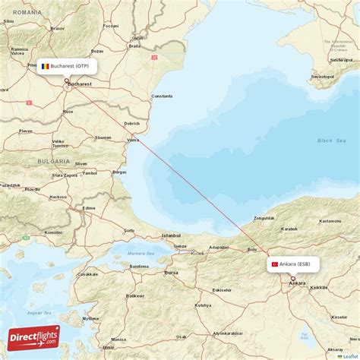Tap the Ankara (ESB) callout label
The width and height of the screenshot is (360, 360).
point(293,264)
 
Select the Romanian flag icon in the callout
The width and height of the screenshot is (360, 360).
point(46,66)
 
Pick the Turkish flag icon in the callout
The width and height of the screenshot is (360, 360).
point(274,264)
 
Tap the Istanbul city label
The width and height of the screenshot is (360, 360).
point(171,235)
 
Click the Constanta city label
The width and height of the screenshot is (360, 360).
point(162,96)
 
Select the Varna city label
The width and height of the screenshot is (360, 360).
point(134,140)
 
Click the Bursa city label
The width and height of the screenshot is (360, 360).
point(172,271)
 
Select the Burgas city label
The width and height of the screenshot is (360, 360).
point(119,172)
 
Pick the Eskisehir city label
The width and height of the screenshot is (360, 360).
point(223,289)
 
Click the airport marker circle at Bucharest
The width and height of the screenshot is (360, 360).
point(67,81)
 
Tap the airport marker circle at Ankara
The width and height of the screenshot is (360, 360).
point(292,279)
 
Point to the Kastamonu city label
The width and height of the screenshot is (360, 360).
point(330,220)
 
